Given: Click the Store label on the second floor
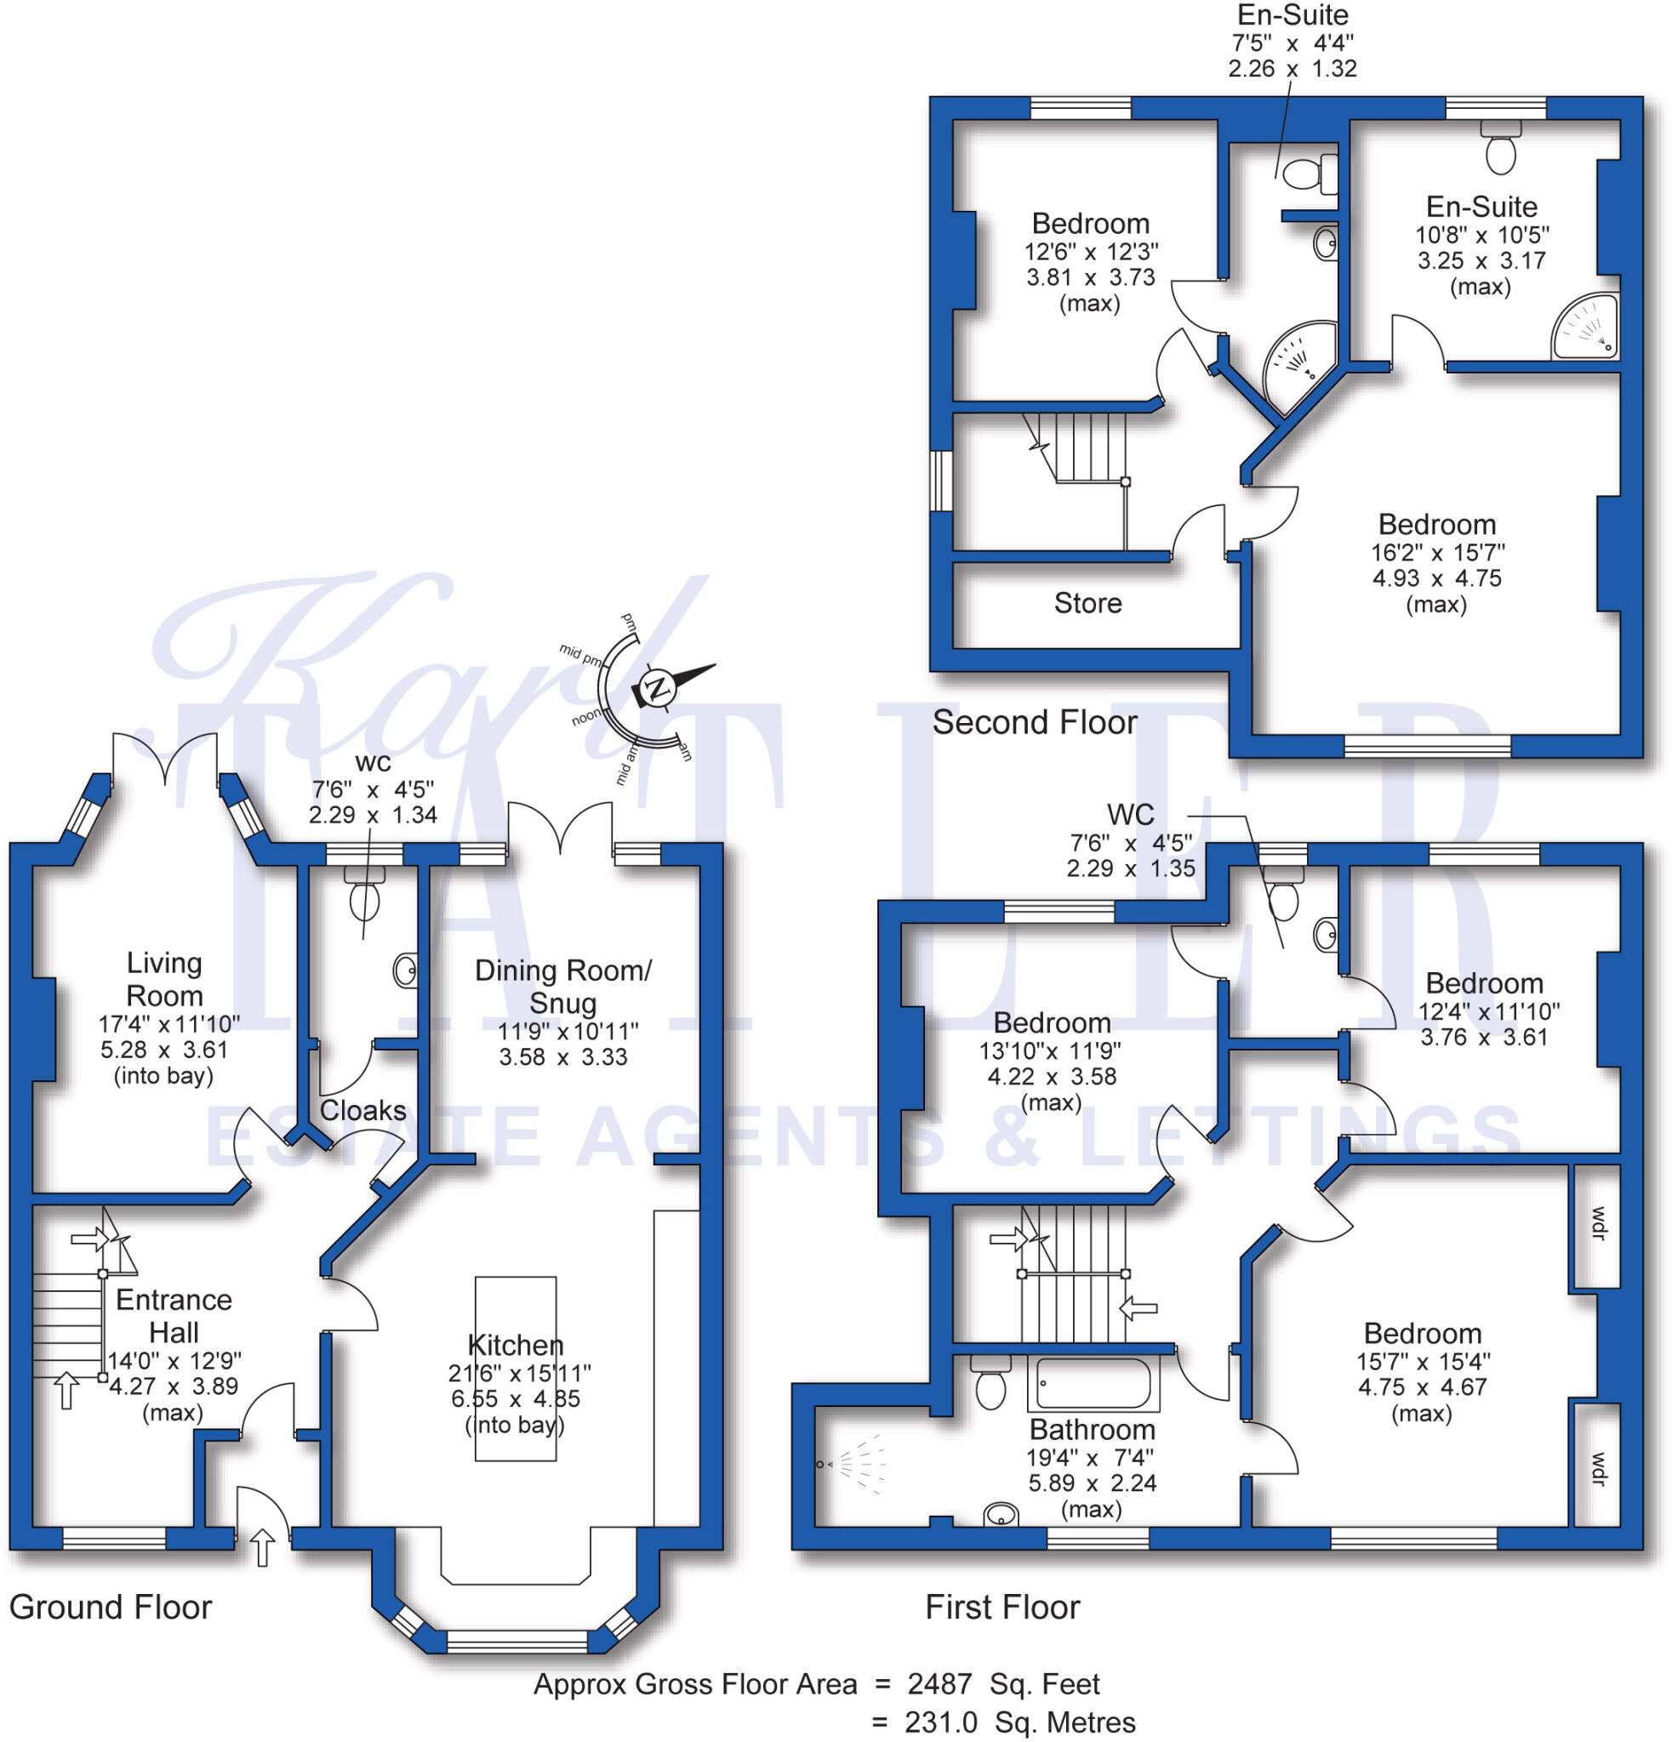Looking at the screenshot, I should [x=1087, y=603].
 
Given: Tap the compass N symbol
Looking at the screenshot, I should [x=658, y=688].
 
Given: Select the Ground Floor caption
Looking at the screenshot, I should [x=111, y=1607].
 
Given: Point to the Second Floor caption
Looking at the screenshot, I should [x=1034, y=721].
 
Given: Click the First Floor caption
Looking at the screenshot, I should [x=1001, y=1607].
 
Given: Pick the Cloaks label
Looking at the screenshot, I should [x=362, y=1110].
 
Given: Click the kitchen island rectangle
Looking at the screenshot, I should [x=516, y=1369].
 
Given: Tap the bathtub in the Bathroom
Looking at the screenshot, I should [x=1093, y=1384].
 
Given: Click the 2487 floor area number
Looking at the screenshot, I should [x=939, y=1684].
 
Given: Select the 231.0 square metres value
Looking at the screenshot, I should [x=940, y=1722].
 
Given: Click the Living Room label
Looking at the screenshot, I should [x=164, y=978].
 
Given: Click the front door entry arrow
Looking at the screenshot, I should [x=261, y=1548].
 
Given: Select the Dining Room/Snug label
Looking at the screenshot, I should [x=562, y=987].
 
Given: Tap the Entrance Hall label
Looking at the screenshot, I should [x=174, y=1315].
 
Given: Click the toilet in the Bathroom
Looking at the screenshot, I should [x=990, y=1385].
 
